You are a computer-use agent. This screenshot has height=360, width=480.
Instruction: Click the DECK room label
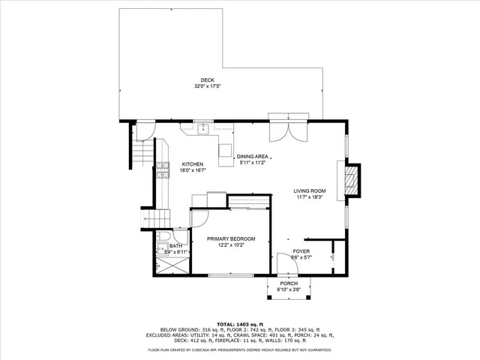pyautogui.click(x=207, y=80)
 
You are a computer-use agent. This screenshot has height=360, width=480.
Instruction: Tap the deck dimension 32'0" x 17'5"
pyautogui.click(x=207, y=86)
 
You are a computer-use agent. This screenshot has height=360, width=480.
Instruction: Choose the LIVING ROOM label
pyautogui.click(x=309, y=191)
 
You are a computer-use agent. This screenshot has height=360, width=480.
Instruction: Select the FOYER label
pyautogui.click(x=301, y=251)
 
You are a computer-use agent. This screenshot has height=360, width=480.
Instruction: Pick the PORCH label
pyautogui.click(x=289, y=283)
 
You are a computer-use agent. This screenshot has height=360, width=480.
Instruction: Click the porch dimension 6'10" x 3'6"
pyautogui.click(x=289, y=289)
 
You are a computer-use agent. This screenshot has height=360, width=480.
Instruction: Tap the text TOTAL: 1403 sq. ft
pyautogui.click(x=239, y=324)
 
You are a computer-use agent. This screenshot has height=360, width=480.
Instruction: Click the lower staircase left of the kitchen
pyautogui.click(x=148, y=217)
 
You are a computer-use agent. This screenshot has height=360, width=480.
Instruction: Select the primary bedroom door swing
pyautogui.click(x=200, y=217)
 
